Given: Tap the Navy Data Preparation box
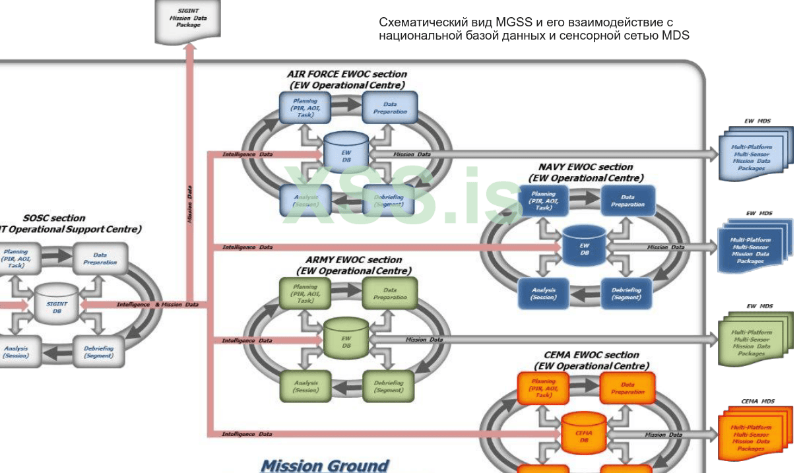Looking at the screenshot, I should pos(628,201).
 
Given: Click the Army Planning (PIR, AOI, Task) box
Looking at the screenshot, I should pos(306,294).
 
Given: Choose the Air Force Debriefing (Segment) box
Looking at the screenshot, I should pos(389,201).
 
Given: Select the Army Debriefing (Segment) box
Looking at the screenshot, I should pos(389,386).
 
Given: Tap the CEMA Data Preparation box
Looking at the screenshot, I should pos(627,388).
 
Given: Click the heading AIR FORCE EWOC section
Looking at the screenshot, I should pos(347,74).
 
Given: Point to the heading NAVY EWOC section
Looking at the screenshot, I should pos(585,167).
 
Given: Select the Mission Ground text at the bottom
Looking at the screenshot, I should pos(325,465).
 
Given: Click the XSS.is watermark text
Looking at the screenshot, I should pos(402,196).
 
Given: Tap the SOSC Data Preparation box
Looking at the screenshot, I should pos(100,259).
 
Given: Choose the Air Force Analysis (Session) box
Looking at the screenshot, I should pos(306,201).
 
